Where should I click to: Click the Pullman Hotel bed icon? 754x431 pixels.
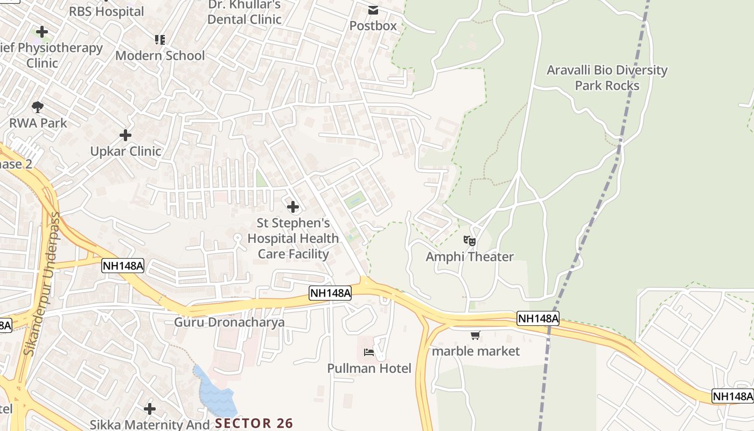pyautogui.click(x=369, y=352)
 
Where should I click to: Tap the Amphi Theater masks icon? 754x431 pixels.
pyautogui.click(x=470, y=241)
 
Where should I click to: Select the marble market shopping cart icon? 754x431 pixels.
pyautogui.click(x=475, y=336)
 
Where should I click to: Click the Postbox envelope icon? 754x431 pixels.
pyautogui.click(x=373, y=10)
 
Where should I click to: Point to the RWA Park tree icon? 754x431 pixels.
pyautogui.click(x=38, y=107)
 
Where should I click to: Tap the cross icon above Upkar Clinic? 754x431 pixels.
pyautogui.click(x=125, y=135)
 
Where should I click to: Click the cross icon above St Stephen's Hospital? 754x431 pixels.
pyautogui.click(x=292, y=207)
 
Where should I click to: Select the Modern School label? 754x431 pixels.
pyautogui.click(x=160, y=55)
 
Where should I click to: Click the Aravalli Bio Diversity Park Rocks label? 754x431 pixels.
pyautogui.click(x=607, y=78)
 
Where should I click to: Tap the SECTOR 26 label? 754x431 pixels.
pyautogui.click(x=254, y=423)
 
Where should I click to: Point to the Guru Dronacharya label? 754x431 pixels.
pyautogui.click(x=229, y=322)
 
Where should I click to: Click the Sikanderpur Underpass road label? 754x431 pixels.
pyautogui.click(x=43, y=283)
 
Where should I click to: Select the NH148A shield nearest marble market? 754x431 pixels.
pyautogui.click(x=537, y=318)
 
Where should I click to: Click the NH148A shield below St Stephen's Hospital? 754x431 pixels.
pyautogui.click(x=331, y=293)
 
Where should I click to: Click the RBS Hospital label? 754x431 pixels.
pyautogui.click(x=107, y=11)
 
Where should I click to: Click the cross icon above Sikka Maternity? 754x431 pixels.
pyautogui.click(x=149, y=408)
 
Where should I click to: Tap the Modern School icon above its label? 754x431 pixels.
pyautogui.click(x=159, y=39)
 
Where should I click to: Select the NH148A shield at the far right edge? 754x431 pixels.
pyautogui.click(x=732, y=396)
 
